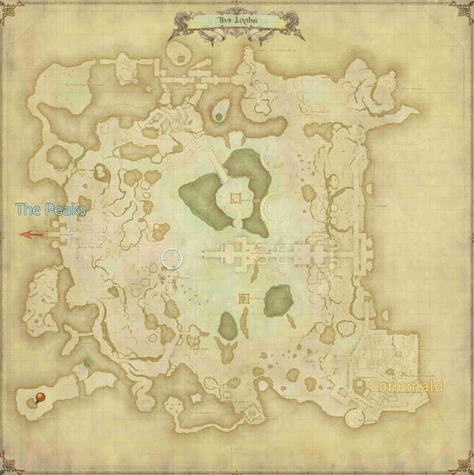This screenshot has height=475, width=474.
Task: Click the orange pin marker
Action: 39,396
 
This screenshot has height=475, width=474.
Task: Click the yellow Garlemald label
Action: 405,386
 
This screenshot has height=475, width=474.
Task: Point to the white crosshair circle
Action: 171,257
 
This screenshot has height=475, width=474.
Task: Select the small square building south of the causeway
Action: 244,298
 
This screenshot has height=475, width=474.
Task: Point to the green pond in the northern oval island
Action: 222,107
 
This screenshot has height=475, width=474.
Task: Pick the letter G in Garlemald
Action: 374,386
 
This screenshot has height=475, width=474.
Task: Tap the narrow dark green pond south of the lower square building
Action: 228,323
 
